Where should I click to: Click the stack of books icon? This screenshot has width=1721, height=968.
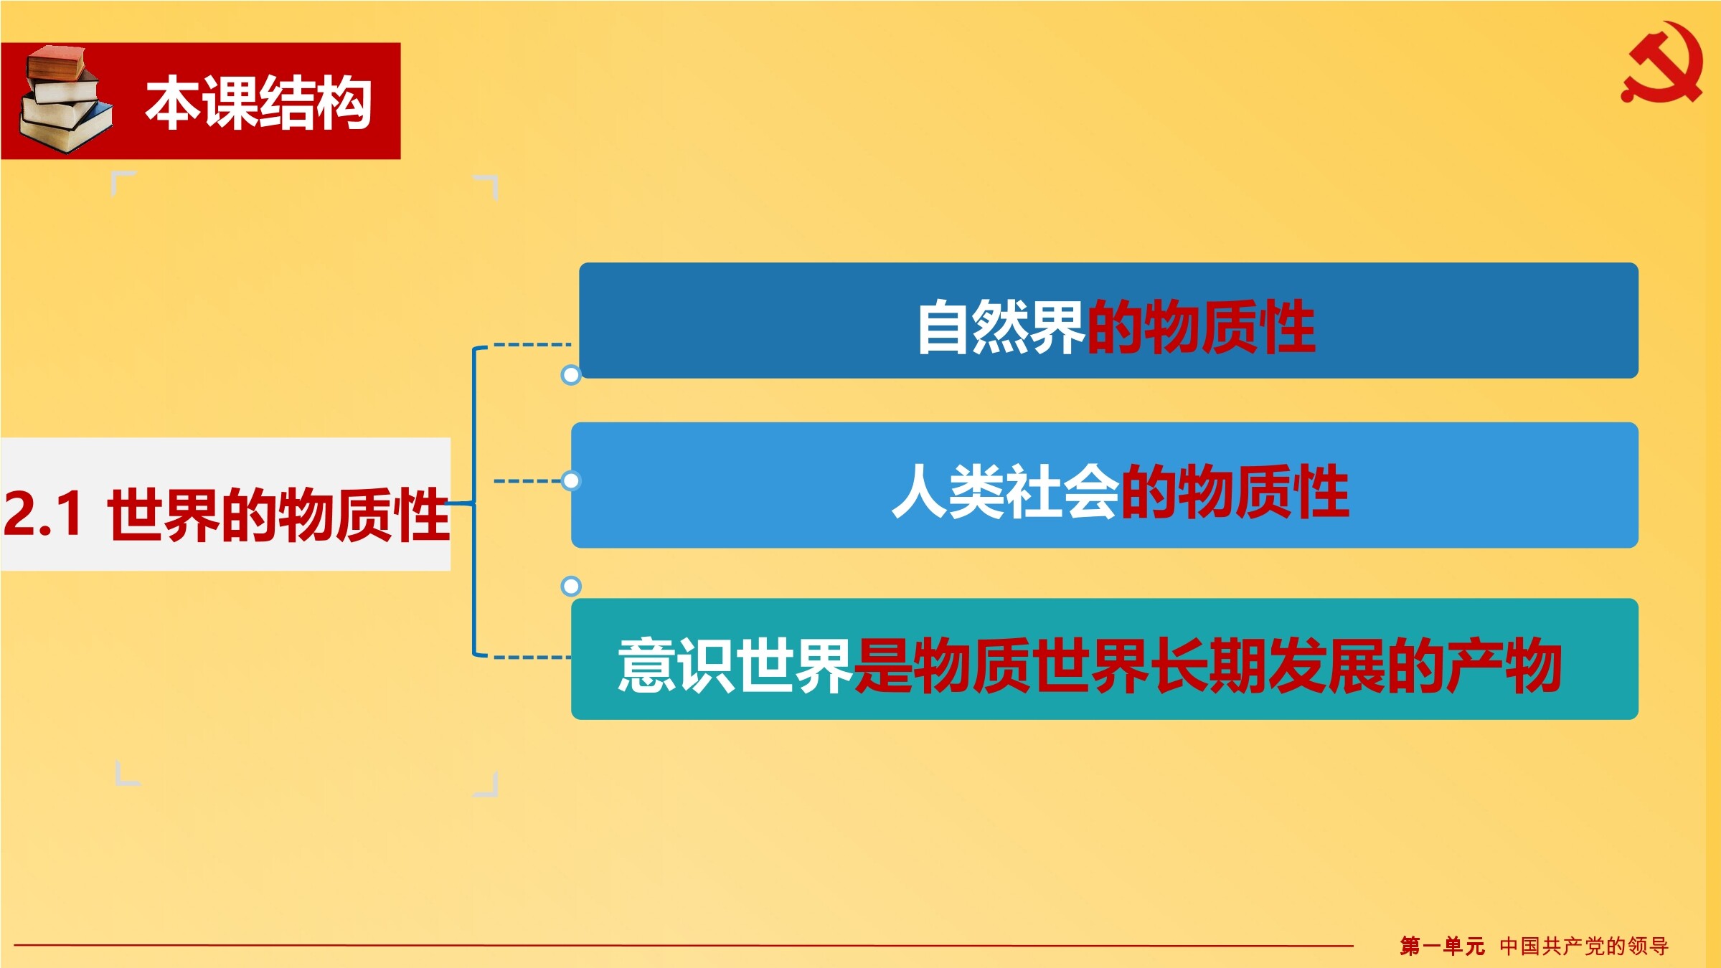coord(66,100)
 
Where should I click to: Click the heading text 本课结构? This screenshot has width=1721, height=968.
coord(259,103)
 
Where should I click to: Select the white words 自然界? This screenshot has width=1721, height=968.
coord(1001,327)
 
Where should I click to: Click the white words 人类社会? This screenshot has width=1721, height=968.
coord(1005,491)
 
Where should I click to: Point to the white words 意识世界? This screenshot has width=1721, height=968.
coord(735,665)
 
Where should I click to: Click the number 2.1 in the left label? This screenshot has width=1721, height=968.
coord(42,513)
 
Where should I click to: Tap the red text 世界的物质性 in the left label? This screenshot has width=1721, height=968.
coord(278,514)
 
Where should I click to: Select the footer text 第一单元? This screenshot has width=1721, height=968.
coord(1442,946)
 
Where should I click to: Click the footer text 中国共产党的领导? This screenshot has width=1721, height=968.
coord(1584,946)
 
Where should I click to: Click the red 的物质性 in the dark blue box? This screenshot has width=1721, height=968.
coord(1201,327)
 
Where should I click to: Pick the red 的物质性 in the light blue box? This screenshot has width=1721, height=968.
coord(1235,491)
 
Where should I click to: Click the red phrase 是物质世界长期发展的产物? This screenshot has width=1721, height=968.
coord(1207,665)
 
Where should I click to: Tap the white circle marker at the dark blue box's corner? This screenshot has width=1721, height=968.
coord(571,374)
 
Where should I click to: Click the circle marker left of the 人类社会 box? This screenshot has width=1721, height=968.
coord(571,480)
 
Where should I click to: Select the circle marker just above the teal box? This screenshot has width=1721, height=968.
coord(571,586)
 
